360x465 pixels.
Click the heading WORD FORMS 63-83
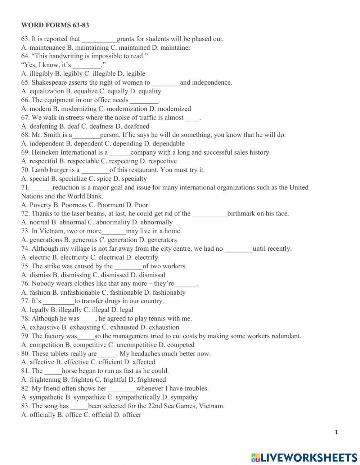point(55,25)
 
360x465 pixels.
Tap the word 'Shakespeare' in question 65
point(49,82)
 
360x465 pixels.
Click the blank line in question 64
point(87,65)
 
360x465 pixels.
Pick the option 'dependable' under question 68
point(169,144)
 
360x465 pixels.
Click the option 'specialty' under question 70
point(134,179)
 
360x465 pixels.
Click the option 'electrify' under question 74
point(146,257)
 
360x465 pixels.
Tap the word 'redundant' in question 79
point(286,336)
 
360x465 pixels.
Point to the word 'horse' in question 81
point(69,371)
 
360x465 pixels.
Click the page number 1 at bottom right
point(336,433)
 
